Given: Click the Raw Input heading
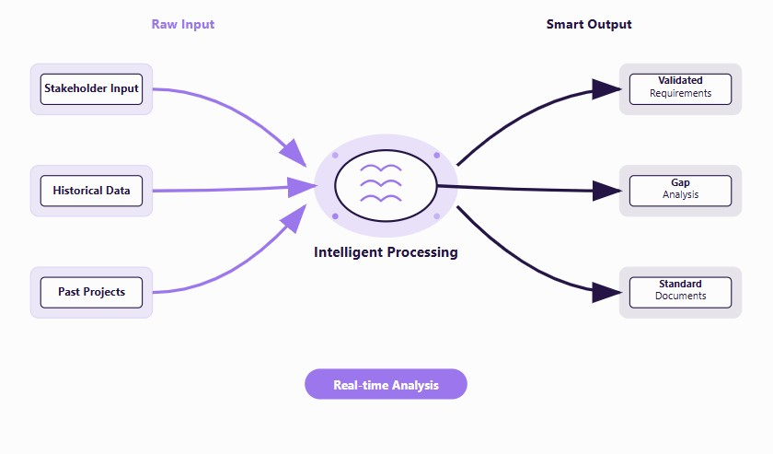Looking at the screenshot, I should click(x=182, y=24).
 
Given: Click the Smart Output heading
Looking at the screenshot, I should click(x=589, y=24).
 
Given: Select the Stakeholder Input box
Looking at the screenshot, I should click(x=91, y=89).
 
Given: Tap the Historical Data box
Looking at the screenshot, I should click(x=91, y=192).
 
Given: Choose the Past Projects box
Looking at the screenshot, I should click(x=91, y=293).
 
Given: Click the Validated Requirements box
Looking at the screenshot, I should click(x=680, y=88).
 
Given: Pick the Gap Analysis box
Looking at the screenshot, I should click(x=680, y=191).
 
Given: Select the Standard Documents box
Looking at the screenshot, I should click(x=680, y=292).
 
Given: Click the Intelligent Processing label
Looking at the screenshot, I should click(x=386, y=252).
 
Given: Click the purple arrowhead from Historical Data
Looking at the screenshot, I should click(x=302, y=187).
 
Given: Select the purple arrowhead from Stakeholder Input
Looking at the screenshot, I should click(x=294, y=152).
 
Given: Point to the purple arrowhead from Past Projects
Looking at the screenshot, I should click(x=294, y=219).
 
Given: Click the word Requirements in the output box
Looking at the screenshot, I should click(x=680, y=94).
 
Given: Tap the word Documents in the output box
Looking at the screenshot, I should click(x=680, y=297).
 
